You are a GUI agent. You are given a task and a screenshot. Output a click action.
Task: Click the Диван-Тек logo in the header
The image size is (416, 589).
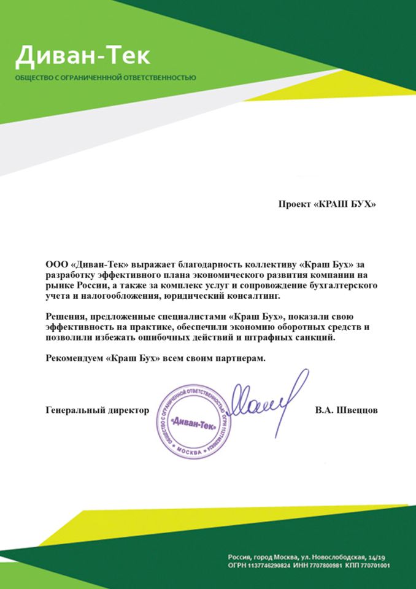point(82,56)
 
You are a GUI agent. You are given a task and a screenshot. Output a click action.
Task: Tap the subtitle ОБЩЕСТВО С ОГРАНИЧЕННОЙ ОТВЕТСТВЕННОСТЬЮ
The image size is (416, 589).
point(106,78)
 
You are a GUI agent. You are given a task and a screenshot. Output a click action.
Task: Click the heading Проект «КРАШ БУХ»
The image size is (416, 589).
point(326,204)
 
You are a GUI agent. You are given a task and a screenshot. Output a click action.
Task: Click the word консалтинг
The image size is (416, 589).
point(253,296)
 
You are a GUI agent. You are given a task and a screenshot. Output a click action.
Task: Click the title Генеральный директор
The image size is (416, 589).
point(98,409)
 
